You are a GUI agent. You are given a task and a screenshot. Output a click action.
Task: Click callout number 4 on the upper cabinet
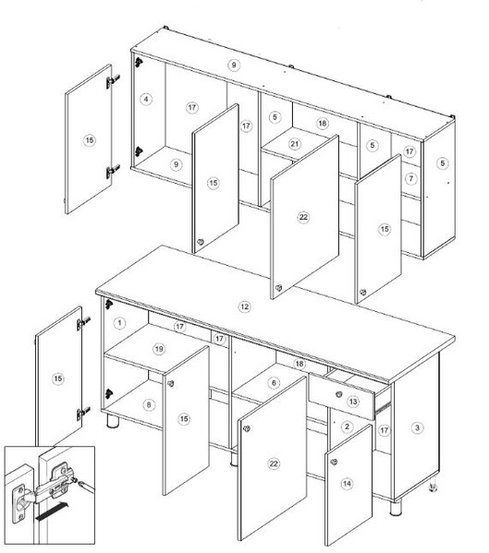pyautogui.click(x=146, y=99)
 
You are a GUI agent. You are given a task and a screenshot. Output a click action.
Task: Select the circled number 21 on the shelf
pyautogui.click(x=295, y=144)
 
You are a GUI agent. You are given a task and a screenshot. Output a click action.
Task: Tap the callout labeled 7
pyautogui.click(x=411, y=179)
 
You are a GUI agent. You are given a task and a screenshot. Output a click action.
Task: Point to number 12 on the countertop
pyautogui.click(x=244, y=307)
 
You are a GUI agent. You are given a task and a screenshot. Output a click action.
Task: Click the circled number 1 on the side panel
pyautogui.click(x=119, y=323)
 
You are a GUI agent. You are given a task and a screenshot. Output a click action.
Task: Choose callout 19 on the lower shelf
pyautogui.click(x=159, y=349)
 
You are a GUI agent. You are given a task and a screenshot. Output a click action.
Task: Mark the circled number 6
pyautogui.click(x=274, y=382)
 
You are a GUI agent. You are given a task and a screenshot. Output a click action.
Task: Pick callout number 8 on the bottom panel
pyautogui.click(x=149, y=404)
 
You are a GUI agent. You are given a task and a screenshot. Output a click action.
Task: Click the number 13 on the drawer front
pyautogui.click(x=353, y=402)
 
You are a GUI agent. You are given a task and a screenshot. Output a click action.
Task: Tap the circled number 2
pyautogui.click(x=347, y=427)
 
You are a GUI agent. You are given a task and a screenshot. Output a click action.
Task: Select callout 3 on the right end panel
pyautogui.click(x=417, y=427)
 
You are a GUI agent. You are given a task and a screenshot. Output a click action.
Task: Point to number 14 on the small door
pyautogui.click(x=347, y=484)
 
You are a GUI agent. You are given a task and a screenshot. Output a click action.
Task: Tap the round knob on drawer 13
pyautogui.click(x=339, y=394)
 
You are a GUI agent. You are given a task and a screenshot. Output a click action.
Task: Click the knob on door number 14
pyautogui.click(x=334, y=462)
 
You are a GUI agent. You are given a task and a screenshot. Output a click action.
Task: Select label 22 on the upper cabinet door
pyautogui.click(x=303, y=217)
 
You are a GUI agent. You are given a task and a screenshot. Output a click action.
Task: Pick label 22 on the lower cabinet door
pyautogui.click(x=274, y=463)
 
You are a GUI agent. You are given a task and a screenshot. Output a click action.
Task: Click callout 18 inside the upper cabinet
pyautogui.click(x=322, y=124)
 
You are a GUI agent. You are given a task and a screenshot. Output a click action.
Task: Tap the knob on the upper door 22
pyautogui.click(x=278, y=288)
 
